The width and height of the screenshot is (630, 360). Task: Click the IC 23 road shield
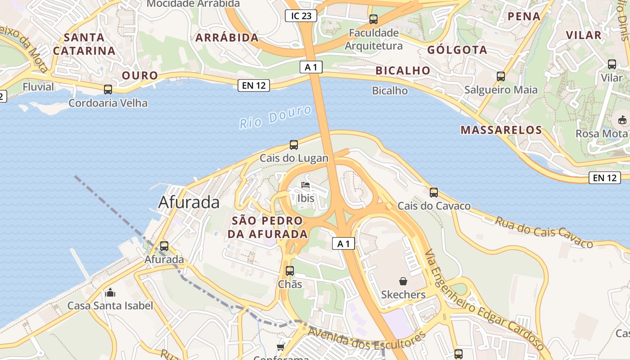(x=301, y=16)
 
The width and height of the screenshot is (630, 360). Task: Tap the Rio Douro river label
(x=275, y=117)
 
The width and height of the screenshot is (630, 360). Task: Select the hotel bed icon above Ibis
(x=306, y=185)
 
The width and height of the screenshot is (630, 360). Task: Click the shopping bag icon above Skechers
(x=403, y=281)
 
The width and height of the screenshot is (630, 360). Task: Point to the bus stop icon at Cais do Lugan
(x=294, y=145)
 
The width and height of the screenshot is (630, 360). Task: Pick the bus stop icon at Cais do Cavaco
(x=434, y=193)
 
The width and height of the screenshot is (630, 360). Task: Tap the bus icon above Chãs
(x=290, y=271)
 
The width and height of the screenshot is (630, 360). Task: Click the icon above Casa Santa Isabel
(x=110, y=293)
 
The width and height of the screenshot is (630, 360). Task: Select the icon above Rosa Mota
(x=622, y=120)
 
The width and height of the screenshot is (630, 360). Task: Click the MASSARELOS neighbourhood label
(x=501, y=130)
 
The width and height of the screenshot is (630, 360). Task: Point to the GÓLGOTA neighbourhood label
(x=457, y=50)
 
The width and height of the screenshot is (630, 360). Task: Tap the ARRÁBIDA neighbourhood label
(x=227, y=38)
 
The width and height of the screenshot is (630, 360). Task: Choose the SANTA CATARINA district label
(x=85, y=44)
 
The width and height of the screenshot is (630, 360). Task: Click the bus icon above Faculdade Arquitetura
(x=373, y=19)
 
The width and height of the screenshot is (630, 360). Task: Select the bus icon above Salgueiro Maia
(x=501, y=76)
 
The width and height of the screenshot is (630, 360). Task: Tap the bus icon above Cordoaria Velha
(x=108, y=90)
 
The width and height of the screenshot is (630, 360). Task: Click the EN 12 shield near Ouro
(x=254, y=85)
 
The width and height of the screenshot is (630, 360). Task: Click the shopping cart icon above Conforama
(x=281, y=347)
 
